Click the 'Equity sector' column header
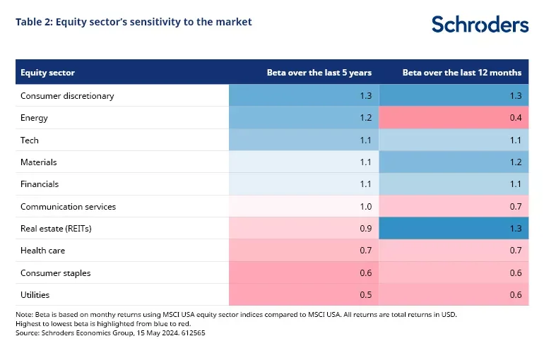(x=47, y=73)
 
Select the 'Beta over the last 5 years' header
(x=319, y=73)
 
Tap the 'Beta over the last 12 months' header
(x=461, y=73)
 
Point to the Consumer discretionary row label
(x=67, y=95)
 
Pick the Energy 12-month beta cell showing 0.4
(x=515, y=118)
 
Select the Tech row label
(x=30, y=140)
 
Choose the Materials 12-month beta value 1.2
(x=515, y=162)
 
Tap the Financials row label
(x=40, y=184)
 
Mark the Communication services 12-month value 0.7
(x=515, y=207)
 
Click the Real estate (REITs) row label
(x=56, y=229)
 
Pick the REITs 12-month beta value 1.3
(x=515, y=229)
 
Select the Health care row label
(x=43, y=251)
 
